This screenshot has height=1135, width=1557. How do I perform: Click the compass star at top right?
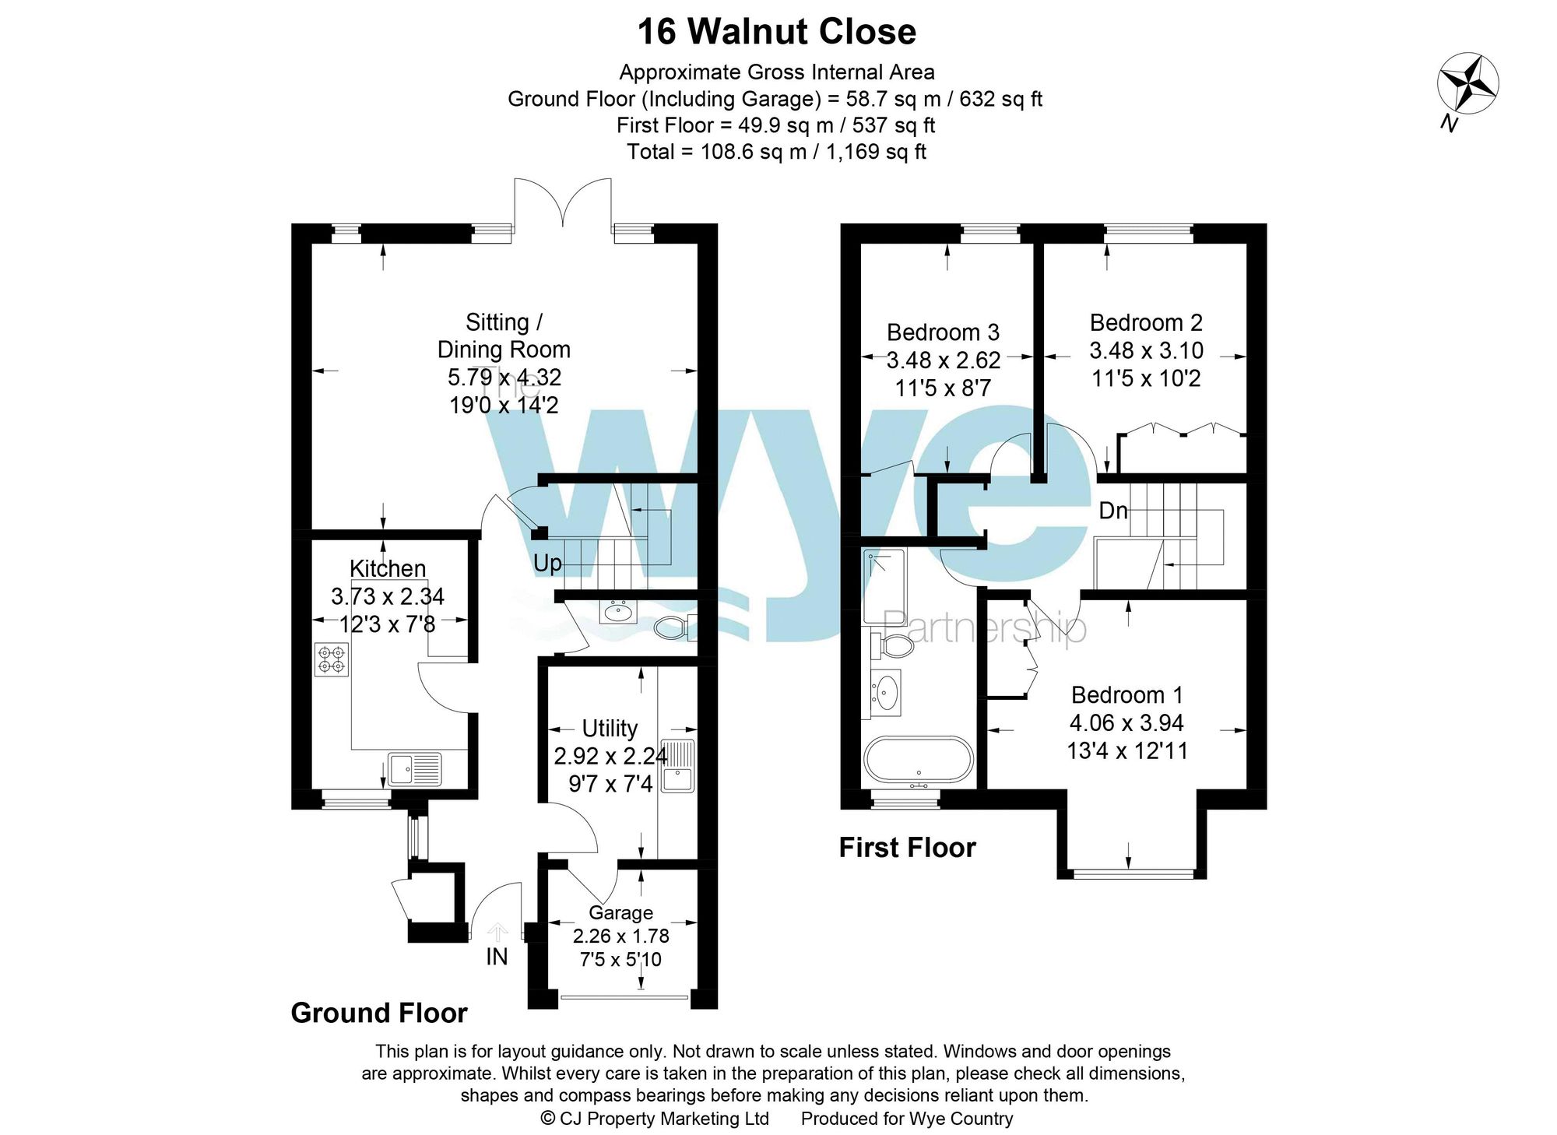tap(1467, 83)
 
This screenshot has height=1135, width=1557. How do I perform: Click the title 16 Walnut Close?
tap(777, 33)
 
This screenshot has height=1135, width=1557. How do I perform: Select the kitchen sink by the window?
tap(415, 768)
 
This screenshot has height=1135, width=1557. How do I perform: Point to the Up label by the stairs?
tap(547, 563)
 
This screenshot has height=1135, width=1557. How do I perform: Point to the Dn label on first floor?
tap(1112, 511)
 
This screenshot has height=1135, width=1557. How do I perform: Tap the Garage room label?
tap(620, 912)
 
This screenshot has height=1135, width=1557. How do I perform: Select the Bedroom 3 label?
tap(943, 332)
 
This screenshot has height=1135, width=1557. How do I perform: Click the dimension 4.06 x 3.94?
tap(1126, 723)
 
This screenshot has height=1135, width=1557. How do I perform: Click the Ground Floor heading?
tap(379, 1013)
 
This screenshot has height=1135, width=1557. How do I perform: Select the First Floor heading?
tap(907, 847)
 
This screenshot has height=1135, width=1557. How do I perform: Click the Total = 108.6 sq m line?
tap(777, 151)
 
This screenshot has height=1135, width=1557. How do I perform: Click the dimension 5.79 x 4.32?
tap(504, 378)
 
